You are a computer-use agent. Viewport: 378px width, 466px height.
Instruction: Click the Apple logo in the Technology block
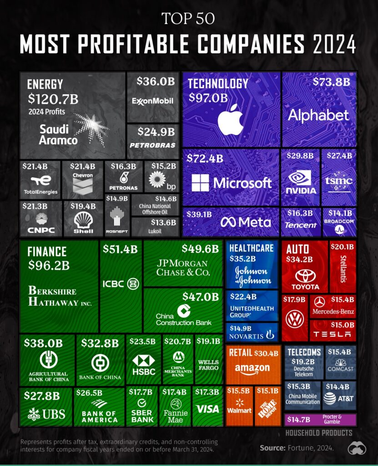point(230,119)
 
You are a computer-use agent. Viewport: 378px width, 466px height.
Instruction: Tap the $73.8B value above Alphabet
point(331,81)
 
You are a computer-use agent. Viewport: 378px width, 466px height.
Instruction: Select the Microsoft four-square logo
point(200,182)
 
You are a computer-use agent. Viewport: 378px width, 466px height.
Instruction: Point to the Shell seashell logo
point(83,219)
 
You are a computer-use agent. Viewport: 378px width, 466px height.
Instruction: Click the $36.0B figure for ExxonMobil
point(156,81)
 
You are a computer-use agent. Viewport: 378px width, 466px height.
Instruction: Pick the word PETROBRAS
point(152,145)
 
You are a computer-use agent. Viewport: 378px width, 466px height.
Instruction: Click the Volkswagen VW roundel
point(295,319)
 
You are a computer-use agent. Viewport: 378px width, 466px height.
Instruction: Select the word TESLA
point(332,334)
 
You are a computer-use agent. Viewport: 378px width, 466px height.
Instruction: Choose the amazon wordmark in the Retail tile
point(252,368)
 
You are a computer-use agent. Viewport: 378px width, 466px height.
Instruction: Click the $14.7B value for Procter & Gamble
point(298,419)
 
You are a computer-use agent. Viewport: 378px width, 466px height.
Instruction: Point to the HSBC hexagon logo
point(144,360)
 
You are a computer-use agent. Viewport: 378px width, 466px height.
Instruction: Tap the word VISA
point(208,409)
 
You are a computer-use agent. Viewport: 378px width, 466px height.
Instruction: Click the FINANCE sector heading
point(47,252)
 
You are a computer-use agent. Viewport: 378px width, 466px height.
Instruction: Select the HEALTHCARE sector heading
point(252,248)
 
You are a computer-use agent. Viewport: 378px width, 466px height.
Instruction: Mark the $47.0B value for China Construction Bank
point(201,296)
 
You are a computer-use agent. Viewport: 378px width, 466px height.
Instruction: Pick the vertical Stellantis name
point(343,268)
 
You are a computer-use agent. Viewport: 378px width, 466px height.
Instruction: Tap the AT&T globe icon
point(330,399)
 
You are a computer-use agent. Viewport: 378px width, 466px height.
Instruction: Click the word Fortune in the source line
point(299,448)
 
